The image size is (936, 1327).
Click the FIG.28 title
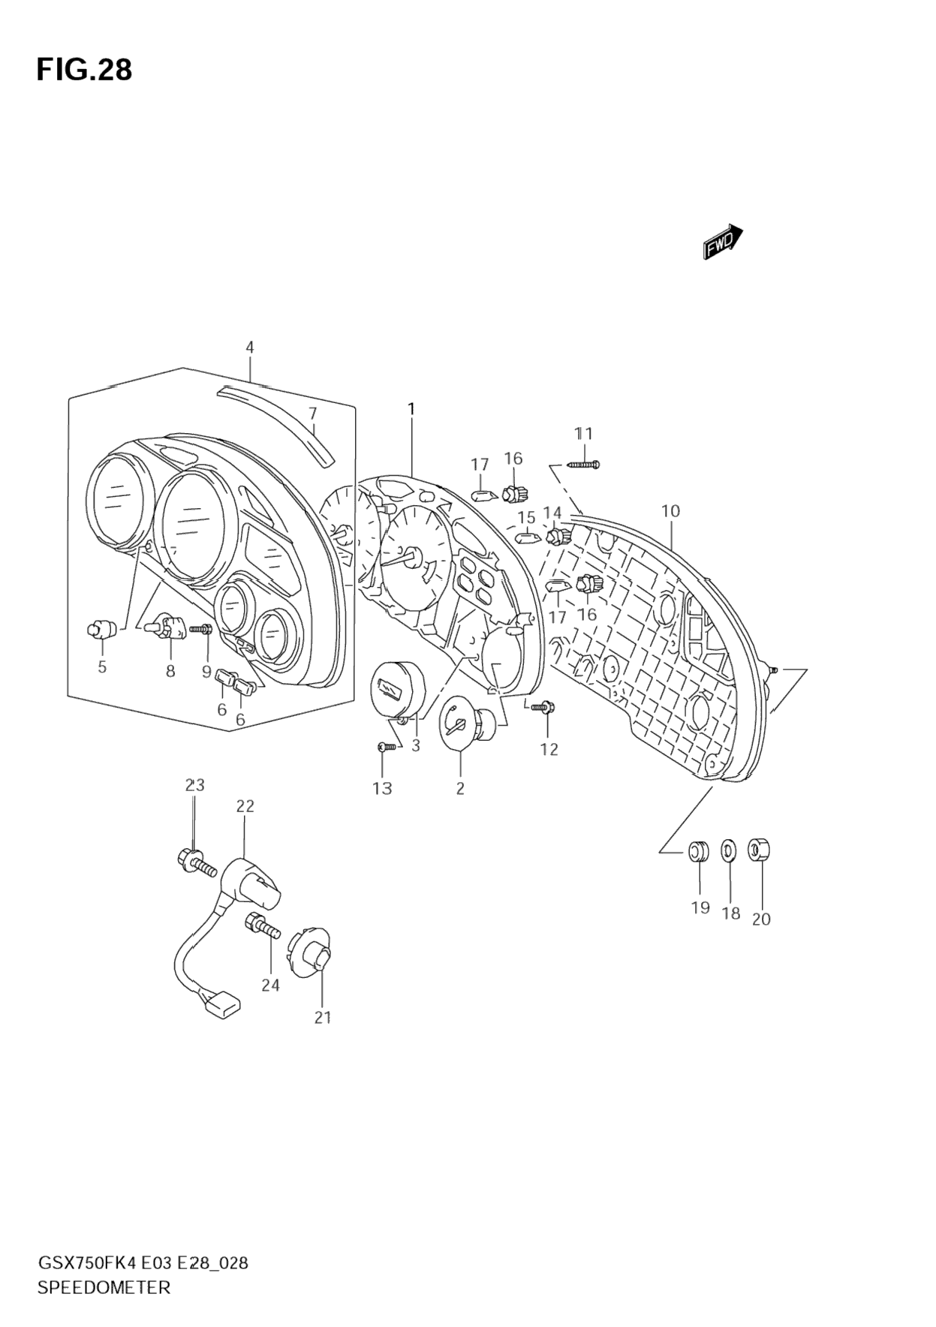(x=84, y=70)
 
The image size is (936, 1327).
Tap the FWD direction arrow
(x=723, y=242)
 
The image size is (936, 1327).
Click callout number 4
(x=250, y=348)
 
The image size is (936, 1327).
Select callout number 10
(x=670, y=511)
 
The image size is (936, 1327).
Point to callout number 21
(x=322, y=1017)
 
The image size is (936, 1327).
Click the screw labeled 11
(x=584, y=465)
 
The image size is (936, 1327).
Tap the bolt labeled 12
(x=543, y=706)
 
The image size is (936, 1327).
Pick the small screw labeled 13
(x=385, y=746)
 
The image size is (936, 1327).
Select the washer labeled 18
(x=729, y=850)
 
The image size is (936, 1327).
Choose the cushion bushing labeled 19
(x=698, y=850)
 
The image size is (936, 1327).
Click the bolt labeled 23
(x=194, y=862)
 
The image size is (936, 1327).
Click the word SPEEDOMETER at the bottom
(x=104, y=1287)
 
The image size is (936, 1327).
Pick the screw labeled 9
(x=201, y=629)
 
